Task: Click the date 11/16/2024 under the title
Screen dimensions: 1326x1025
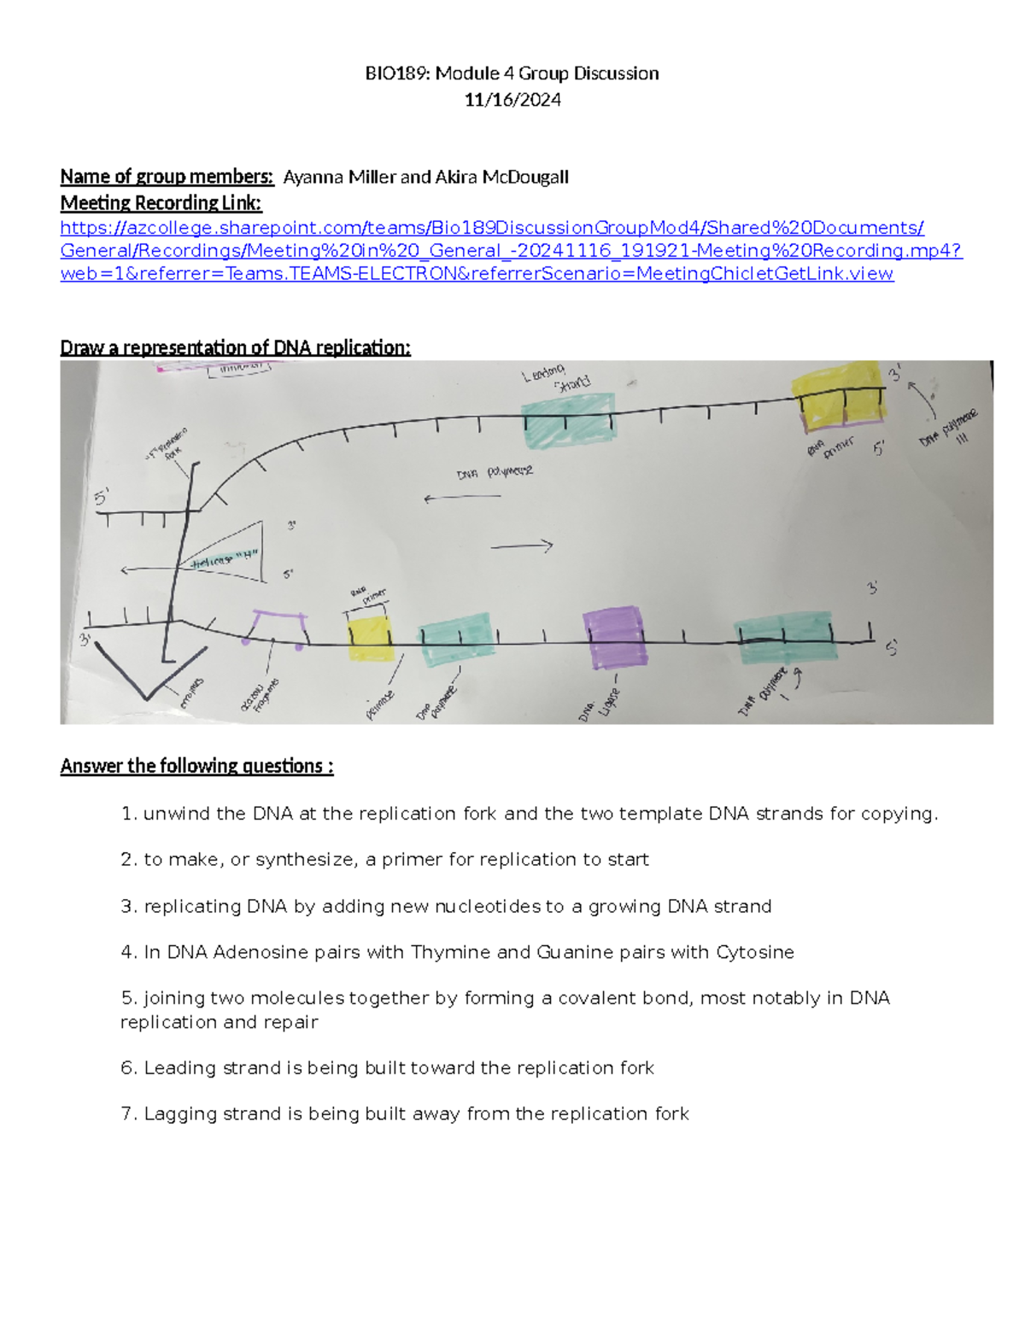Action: (512, 100)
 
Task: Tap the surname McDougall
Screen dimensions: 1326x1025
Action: (525, 177)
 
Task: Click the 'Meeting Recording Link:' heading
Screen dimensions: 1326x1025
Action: (161, 203)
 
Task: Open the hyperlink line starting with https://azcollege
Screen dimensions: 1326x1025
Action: (491, 228)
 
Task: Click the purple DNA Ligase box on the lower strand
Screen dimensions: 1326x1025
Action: (615, 636)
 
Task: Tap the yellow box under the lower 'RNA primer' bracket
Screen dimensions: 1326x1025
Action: (371, 639)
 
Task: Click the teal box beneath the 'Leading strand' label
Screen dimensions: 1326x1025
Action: (568, 420)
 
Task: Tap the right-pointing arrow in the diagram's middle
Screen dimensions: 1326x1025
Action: (522, 546)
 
